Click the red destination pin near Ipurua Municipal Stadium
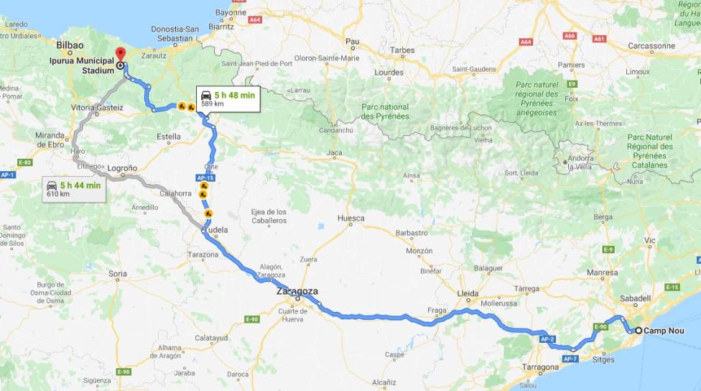click(x=120, y=55)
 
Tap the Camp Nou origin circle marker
click(x=639, y=331)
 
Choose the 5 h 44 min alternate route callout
click(x=73, y=189)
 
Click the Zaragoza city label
click(x=297, y=292)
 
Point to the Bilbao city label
click(x=70, y=45)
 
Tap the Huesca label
click(x=350, y=218)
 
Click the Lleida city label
click(x=468, y=293)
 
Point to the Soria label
click(x=117, y=273)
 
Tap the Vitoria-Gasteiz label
click(x=98, y=108)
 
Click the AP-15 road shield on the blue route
click(x=205, y=178)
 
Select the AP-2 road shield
click(x=547, y=338)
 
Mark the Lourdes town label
click(x=389, y=73)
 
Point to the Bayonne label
click(x=230, y=13)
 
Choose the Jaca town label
click(x=334, y=152)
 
